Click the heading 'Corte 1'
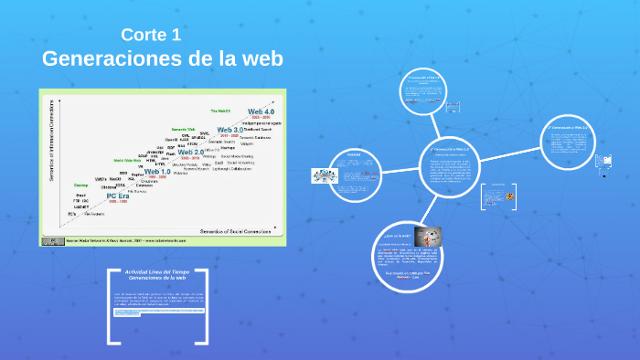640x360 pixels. pyautogui.click(x=151, y=36)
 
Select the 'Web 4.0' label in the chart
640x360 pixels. pyautogui.click(x=261, y=111)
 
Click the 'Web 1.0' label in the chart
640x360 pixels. pyautogui.click(x=157, y=172)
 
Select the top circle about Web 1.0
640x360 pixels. pyautogui.click(x=426, y=90)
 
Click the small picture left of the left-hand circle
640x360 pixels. pyautogui.click(x=325, y=175)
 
